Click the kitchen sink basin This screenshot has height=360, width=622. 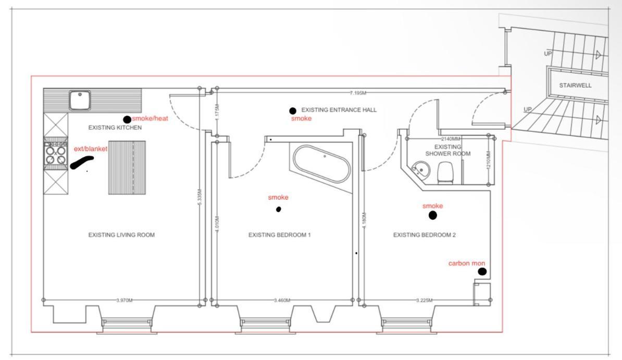click(80, 100)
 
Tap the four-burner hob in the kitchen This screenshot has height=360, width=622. click(56, 155)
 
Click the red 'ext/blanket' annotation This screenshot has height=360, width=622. click(91, 149)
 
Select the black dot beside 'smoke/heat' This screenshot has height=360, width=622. click(127, 119)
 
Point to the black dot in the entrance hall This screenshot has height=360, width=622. click(293, 111)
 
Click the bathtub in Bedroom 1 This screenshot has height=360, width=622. click(322, 164)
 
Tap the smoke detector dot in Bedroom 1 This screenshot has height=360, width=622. click(279, 209)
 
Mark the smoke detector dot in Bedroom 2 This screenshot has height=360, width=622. click(433, 215)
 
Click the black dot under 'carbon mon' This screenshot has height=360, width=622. click(482, 271)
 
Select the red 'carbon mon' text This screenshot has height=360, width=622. click(467, 263)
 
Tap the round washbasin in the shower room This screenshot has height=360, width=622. click(420, 169)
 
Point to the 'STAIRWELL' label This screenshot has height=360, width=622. click(575, 85)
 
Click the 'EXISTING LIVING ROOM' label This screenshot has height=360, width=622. click(121, 235)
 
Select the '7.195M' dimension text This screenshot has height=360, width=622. click(358, 93)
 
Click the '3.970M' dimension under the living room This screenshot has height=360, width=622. click(124, 301)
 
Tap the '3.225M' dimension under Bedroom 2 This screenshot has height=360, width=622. click(424, 301)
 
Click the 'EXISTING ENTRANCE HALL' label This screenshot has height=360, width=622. click(339, 110)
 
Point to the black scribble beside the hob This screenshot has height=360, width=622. click(82, 162)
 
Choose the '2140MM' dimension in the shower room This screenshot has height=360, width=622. click(451, 139)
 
